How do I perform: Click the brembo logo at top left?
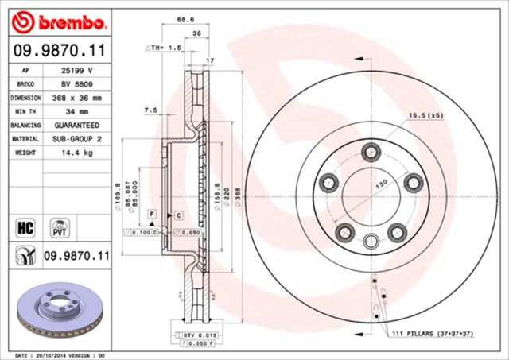click(x=56, y=19)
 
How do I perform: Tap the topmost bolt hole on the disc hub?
click(x=371, y=152)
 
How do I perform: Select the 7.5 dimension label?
click(x=150, y=110)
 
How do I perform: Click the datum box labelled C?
click(x=179, y=215)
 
